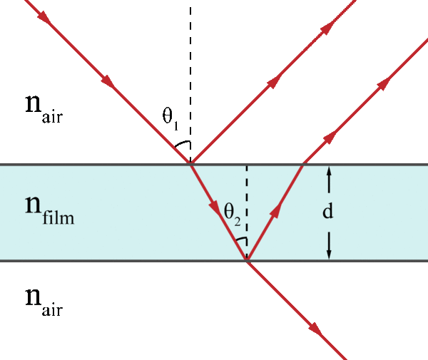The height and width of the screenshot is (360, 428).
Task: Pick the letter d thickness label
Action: coord(329,212)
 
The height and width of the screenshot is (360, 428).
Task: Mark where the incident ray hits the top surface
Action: coord(190,165)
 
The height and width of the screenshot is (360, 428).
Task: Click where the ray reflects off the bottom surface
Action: coord(247,261)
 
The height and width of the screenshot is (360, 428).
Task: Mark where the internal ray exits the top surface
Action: coord(303,165)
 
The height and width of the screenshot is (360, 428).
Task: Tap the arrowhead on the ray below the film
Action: coord(315,329)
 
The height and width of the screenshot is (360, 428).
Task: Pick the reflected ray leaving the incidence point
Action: coord(271,84)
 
